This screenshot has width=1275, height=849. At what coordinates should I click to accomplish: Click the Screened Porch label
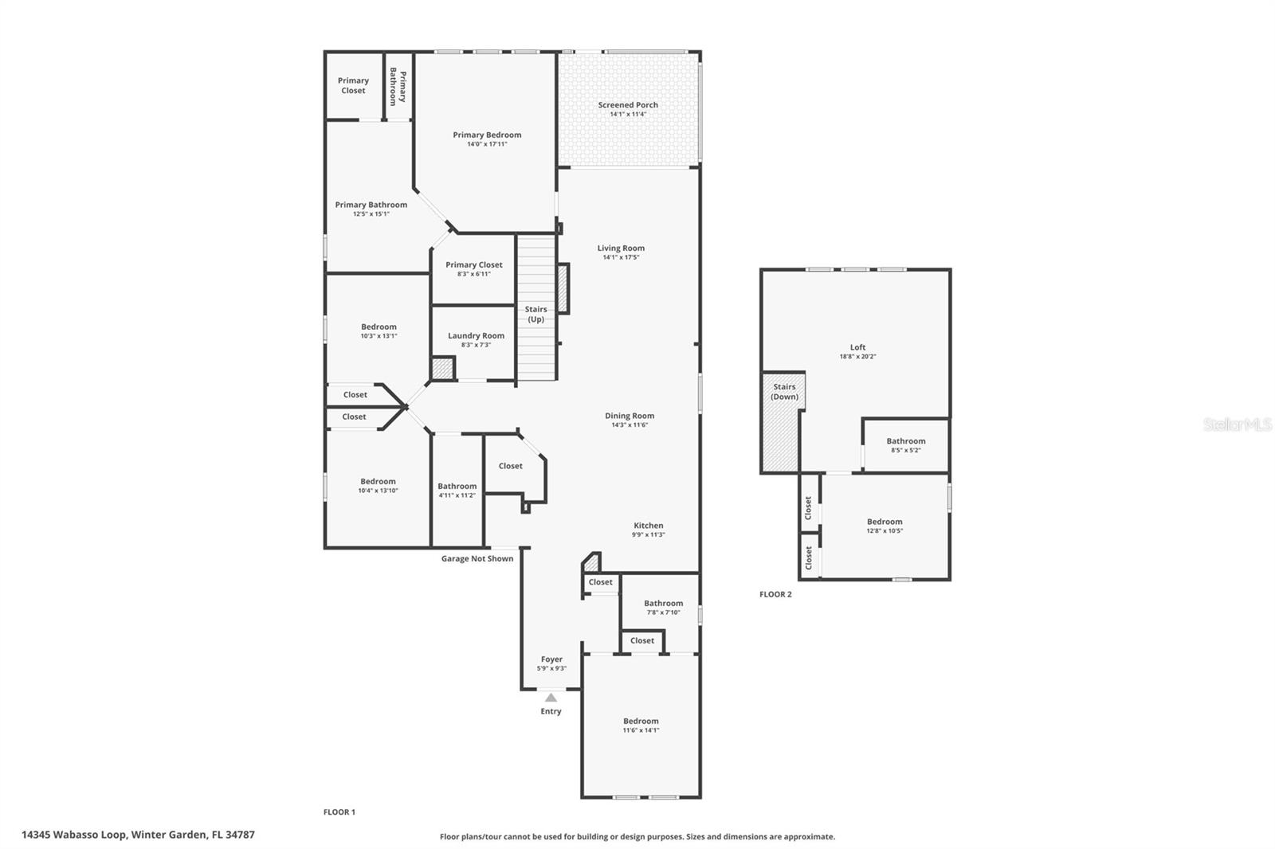pos(628,105)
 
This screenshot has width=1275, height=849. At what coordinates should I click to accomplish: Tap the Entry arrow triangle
pos(551,698)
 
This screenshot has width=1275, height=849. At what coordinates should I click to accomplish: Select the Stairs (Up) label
pos(535,314)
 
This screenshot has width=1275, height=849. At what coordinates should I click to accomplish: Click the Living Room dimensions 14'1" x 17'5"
pos(621,257)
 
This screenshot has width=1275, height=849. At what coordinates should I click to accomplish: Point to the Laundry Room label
pos(476,335)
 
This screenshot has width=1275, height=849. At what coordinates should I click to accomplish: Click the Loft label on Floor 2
pos(857,347)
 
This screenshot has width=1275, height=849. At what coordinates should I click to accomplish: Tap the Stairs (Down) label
pos(784,391)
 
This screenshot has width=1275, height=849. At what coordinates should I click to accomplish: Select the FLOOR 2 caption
pos(775,594)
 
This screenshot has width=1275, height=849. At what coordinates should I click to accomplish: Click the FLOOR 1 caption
pos(339,812)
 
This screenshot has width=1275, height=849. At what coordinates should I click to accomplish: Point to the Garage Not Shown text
pos(477,558)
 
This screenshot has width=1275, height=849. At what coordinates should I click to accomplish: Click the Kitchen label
pos(648,525)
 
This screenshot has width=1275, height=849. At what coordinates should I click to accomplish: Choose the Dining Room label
pos(629,416)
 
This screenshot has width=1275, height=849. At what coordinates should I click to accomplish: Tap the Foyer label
pos(551,659)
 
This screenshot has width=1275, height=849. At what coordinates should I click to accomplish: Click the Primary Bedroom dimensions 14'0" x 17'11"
pos(487,144)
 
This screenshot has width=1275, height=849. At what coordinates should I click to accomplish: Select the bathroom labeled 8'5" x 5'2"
pos(905,445)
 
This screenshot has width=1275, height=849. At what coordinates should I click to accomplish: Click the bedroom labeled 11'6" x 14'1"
pos(641,725)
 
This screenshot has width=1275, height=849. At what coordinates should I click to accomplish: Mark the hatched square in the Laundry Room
pos(442,369)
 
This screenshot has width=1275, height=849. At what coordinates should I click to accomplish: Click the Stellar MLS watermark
pos(1238,425)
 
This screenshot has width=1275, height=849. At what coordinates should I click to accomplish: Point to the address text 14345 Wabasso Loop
pos(138,835)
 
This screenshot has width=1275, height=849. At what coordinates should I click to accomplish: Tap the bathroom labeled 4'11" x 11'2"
pos(457,490)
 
